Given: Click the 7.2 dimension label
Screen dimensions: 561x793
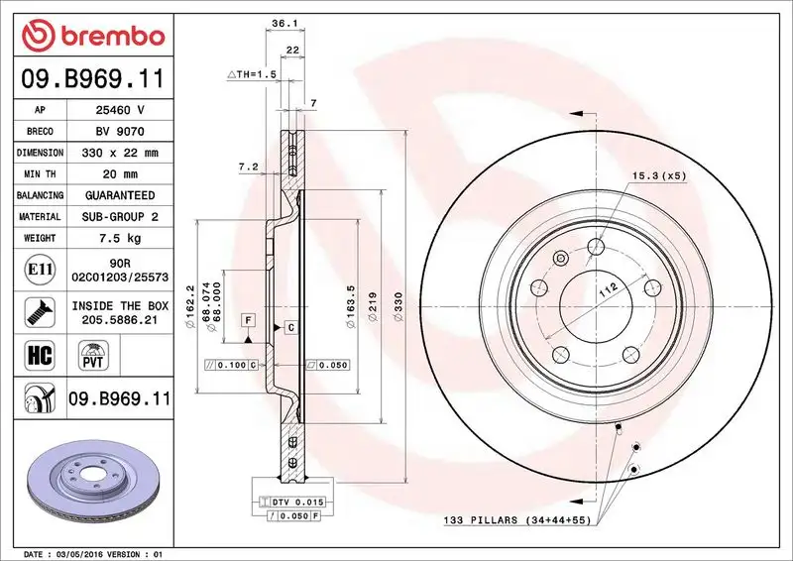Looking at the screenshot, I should coord(248,167).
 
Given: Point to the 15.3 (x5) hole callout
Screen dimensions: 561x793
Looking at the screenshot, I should coord(658,175).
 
